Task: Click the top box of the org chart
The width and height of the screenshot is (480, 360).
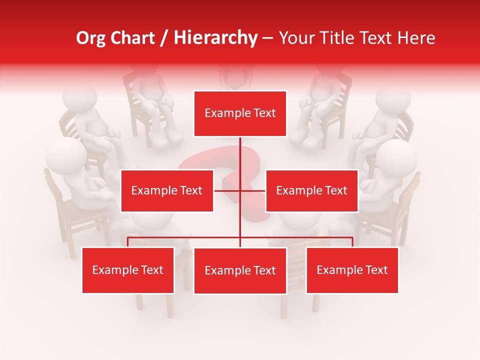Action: (240, 113)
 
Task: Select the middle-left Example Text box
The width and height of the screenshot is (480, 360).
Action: (167, 190)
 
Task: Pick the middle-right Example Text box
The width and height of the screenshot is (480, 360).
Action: (311, 190)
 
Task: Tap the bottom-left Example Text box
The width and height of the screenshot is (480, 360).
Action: (128, 270)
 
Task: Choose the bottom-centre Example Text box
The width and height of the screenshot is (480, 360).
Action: (240, 270)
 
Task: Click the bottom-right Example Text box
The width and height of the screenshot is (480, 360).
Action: (352, 270)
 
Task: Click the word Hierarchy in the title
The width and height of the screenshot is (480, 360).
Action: (215, 37)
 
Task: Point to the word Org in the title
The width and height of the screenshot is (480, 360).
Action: (91, 37)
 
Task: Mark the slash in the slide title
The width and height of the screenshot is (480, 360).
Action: (164, 38)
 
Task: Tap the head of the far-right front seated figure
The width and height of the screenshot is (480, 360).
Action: (397, 157)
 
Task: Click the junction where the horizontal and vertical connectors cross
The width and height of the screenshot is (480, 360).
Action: (240, 190)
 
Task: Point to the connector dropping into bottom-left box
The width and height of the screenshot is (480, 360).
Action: (128, 242)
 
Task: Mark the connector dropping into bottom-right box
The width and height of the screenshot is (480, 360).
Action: (352, 242)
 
